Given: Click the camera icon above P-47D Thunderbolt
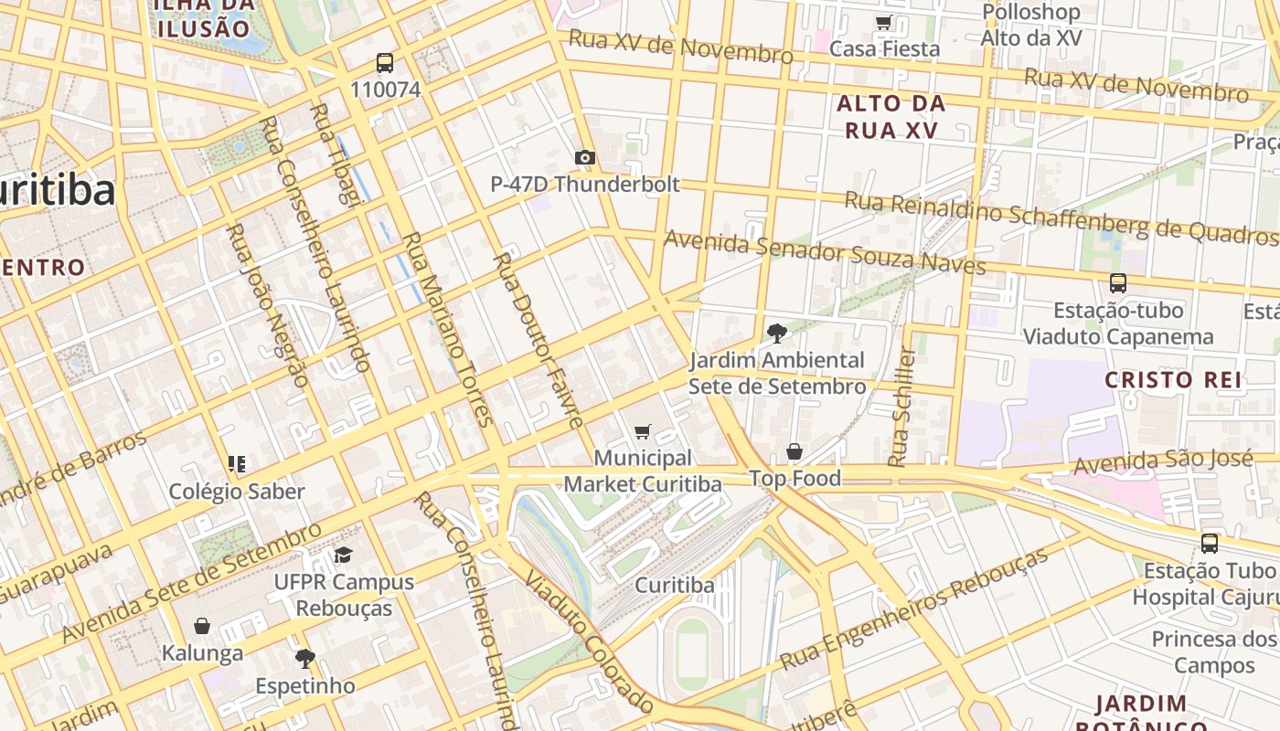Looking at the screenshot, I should [585, 158].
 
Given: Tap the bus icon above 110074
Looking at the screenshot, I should [385, 63].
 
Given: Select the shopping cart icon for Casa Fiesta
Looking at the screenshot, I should [883, 23].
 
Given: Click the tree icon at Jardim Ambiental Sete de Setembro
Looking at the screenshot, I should [776, 334].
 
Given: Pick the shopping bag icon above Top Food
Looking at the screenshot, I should [795, 451].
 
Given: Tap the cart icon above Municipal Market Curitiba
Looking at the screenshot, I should [643, 431].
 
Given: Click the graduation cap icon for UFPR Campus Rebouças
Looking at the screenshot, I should [343, 555].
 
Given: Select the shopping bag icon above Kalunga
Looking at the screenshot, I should [202, 626].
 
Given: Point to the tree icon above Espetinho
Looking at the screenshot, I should [304, 658].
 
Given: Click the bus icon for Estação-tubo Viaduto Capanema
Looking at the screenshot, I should [1117, 283].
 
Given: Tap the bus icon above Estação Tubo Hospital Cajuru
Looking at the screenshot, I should [1210, 544].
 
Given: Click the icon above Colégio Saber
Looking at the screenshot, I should [237, 464].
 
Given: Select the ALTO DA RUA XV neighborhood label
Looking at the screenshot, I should [891, 117].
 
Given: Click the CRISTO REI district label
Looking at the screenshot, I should [1173, 380].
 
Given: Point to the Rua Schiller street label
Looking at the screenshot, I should [902, 407].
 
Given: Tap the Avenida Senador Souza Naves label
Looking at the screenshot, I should [825, 252].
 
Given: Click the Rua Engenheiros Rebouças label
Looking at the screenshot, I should [913, 609].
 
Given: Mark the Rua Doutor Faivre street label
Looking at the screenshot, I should [539, 340].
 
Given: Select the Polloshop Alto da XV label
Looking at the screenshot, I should [1031, 25].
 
